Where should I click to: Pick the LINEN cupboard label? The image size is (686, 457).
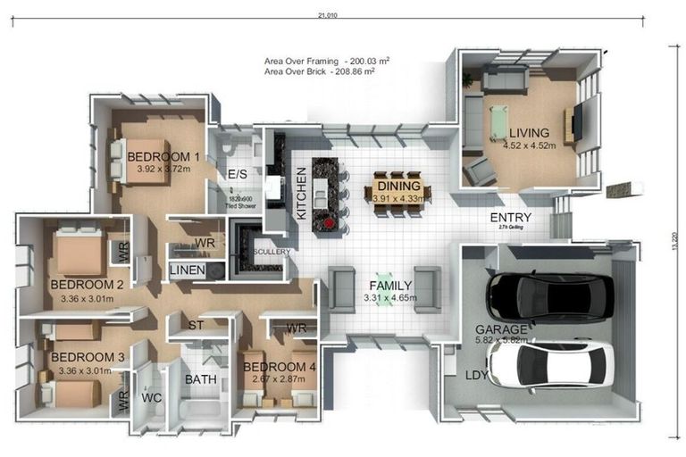[x=188, y=270]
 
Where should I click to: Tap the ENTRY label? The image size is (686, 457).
[x=511, y=218]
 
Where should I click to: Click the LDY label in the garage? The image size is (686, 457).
[x=476, y=375]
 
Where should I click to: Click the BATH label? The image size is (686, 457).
[x=200, y=379]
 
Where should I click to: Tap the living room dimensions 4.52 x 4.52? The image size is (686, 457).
[x=528, y=145]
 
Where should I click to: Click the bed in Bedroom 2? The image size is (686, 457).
[x=80, y=252]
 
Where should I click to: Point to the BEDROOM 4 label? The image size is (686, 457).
[x=279, y=368]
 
